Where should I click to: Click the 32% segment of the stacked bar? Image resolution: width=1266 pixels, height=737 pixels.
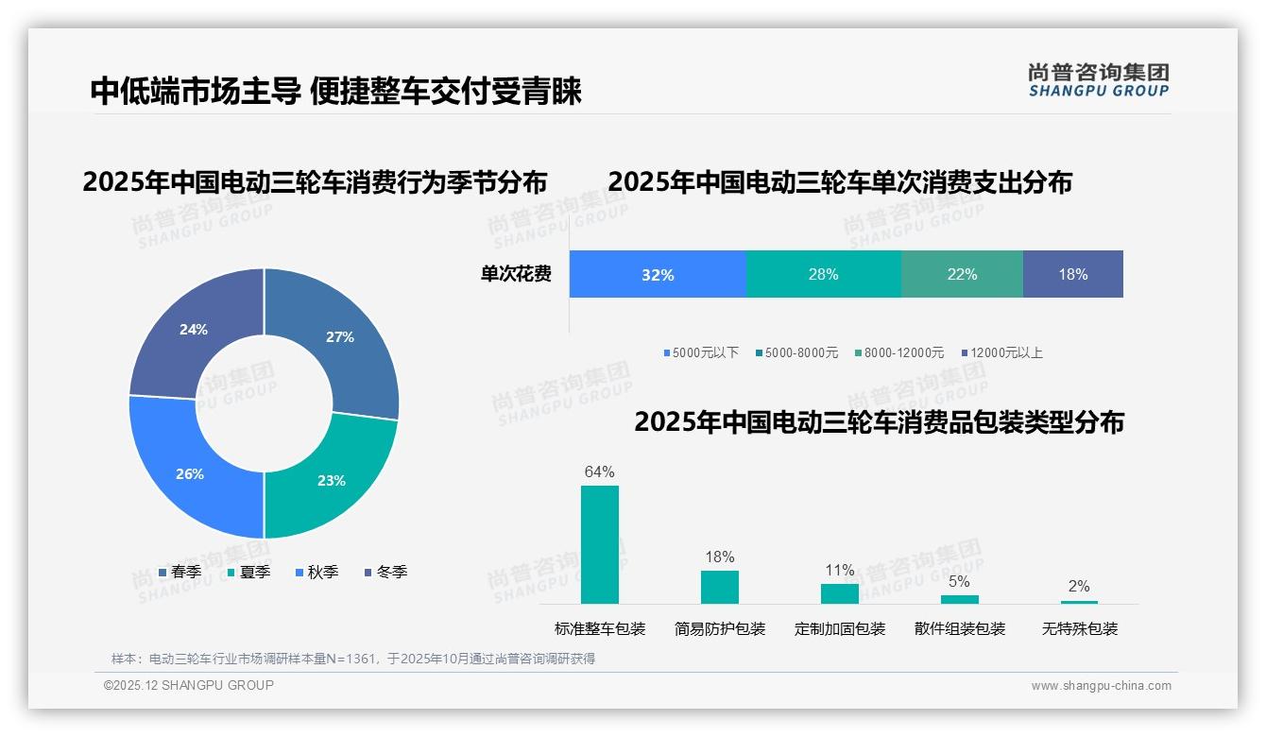[658, 275]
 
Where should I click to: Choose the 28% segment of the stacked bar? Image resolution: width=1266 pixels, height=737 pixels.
[823, 275]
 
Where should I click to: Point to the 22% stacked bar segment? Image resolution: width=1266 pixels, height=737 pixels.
[962, 275]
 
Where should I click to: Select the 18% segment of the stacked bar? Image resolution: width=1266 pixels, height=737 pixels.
[1073, 275]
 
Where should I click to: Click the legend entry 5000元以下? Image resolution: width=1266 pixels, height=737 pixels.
[701, 353]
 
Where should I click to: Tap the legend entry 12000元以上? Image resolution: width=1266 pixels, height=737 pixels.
[1001, 353]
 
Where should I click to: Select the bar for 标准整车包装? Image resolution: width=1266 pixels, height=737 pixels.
[600, 544]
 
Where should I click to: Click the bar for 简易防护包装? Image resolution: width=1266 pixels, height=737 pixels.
[720, 587]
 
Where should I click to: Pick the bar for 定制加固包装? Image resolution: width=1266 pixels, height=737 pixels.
[840, 593]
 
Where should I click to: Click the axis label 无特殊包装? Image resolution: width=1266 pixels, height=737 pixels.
[1080, 629]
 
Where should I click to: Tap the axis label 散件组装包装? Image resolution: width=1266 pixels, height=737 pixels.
[960, 629]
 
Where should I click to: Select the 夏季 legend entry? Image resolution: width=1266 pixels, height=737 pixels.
[249, 573]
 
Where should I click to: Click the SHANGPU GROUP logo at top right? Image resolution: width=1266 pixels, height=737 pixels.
[1099, 79]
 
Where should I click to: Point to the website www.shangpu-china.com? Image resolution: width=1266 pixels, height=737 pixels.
[1101, 686]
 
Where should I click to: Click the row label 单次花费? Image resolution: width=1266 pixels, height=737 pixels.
[516, 275]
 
